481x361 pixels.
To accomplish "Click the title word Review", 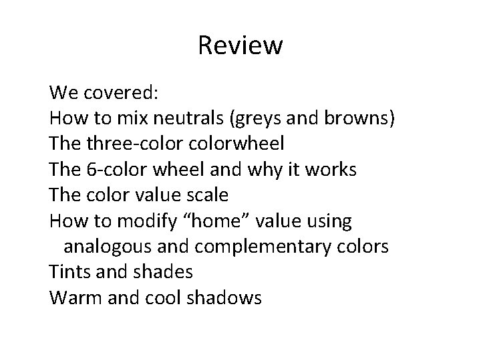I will (x=240, y=46).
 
